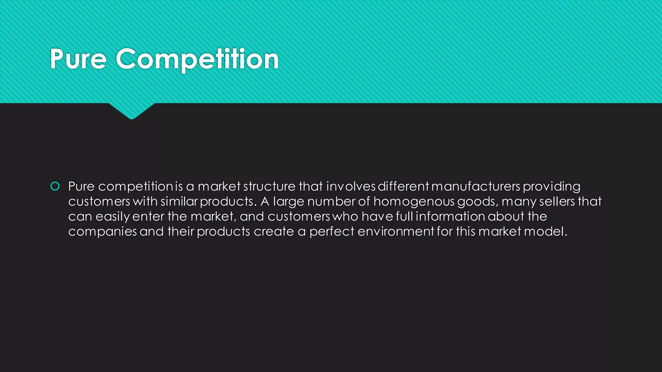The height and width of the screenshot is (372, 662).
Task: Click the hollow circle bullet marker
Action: coord(55,186)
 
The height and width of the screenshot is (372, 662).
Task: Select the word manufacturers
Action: coord(475,186)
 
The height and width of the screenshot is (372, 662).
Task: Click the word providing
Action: coord(551,187)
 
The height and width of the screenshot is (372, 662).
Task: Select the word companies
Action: coord(102,232)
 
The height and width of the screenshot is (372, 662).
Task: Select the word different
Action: coord(403,186)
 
